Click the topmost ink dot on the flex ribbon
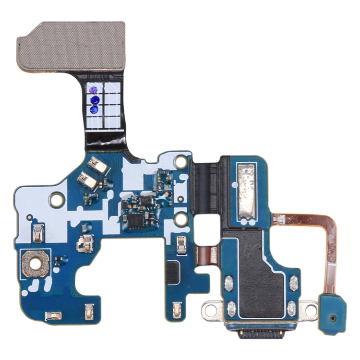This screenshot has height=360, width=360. point(94,90)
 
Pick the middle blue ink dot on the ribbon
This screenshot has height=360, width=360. point(94,100)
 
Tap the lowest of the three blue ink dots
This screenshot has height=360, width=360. point(94,110)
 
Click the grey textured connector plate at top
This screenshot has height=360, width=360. point(71,46)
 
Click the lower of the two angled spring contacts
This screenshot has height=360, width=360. point(89,180)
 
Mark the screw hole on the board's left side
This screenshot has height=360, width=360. point(57,197)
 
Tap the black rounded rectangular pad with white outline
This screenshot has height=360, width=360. point(173,273)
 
